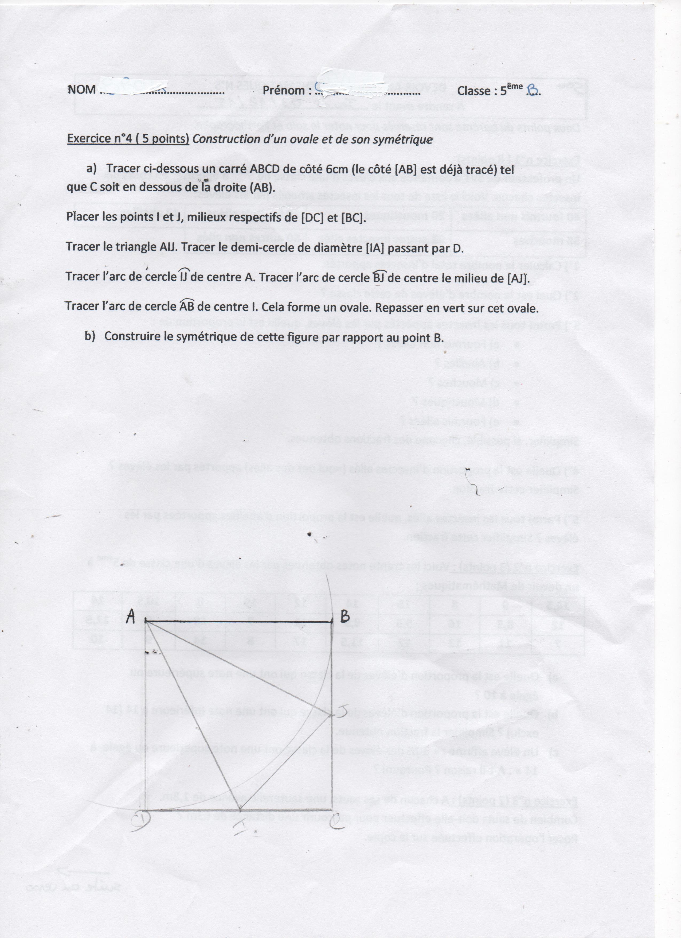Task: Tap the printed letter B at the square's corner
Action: tap(345, 617)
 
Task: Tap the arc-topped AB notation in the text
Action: tap(187, 307)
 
